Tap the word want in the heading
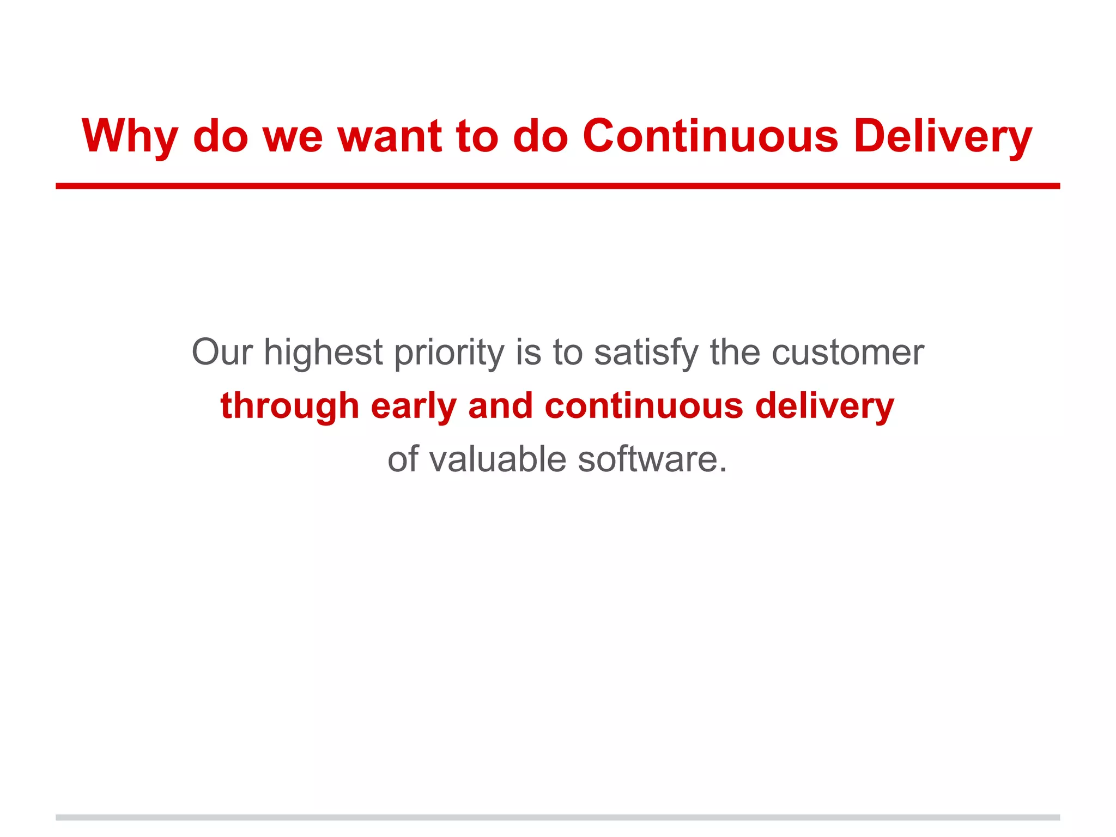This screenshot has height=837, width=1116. (389, 136)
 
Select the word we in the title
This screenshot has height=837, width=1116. (293, 136)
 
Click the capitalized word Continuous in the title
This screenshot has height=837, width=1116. (710, 136)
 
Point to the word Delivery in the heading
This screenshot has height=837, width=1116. (943, 136)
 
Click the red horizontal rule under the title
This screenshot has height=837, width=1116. (557, 186)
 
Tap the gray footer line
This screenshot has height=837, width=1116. (557, 817)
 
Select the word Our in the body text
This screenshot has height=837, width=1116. (222, 353)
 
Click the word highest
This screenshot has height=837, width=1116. (323, 353)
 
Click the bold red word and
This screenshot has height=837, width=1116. (500, 406)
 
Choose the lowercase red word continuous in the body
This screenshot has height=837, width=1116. (644, 406)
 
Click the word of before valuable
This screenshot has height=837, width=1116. (403, 459)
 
